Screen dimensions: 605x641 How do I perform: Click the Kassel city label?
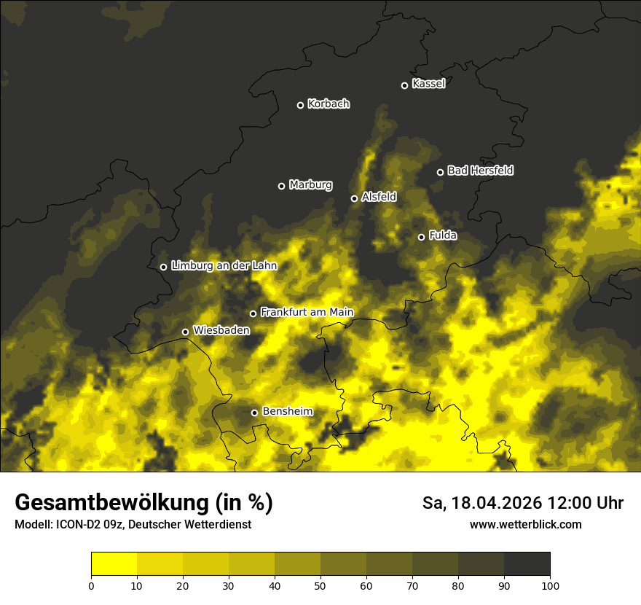428,84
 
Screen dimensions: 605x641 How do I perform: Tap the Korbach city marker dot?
300,105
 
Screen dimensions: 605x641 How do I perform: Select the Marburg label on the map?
310,185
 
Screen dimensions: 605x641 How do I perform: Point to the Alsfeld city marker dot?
354,198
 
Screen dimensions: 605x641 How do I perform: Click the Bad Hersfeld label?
480,171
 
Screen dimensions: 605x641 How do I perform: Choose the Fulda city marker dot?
421,237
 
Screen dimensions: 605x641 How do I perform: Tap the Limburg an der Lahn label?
224,266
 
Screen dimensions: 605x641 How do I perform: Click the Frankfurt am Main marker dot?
253,313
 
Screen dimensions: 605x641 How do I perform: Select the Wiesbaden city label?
221,330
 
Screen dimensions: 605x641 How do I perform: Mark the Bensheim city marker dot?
254,413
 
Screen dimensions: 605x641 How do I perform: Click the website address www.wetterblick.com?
525,524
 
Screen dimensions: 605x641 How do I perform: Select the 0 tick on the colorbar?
91,585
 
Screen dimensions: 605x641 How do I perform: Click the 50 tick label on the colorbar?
320,585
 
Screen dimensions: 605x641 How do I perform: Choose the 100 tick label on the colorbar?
550,585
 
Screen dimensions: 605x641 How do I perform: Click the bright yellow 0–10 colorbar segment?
114,564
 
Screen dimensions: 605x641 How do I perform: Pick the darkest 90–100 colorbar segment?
527,564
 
